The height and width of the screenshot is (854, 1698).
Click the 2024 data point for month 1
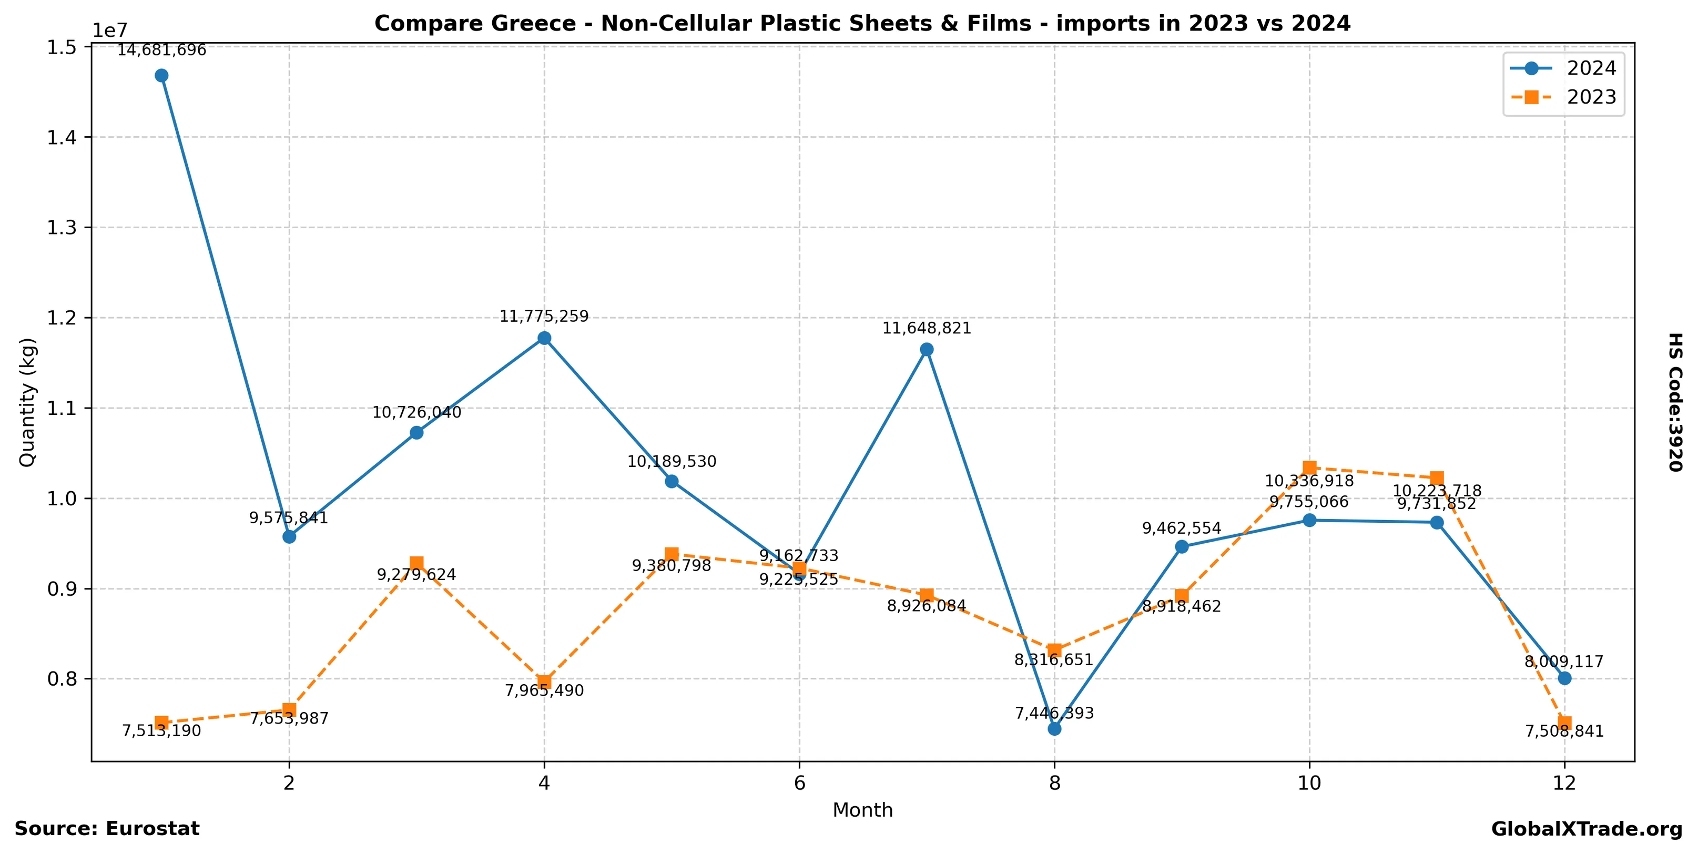click(161, 76)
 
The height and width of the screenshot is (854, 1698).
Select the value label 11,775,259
click(544, 316)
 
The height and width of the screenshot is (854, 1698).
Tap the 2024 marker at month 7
click(927, 349)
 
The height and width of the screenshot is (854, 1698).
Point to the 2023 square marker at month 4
click(544, 682)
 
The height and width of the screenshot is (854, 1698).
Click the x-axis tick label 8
click(1055, 783)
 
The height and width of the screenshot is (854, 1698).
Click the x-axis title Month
click(863, 810)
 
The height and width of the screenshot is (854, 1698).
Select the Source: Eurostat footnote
click(107, 829)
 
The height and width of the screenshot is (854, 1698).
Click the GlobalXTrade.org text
click(1587, 829)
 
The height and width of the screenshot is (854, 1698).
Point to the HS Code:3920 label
click(1675, 402)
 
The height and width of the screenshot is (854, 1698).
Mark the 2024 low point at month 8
click(1055, 729)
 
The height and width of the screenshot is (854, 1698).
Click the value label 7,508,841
click(1564, 731)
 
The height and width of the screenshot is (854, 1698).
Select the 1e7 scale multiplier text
click(109, 30)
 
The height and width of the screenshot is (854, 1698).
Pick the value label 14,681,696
click(161, 50)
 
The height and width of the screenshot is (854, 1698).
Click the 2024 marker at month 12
click(1564, 678)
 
